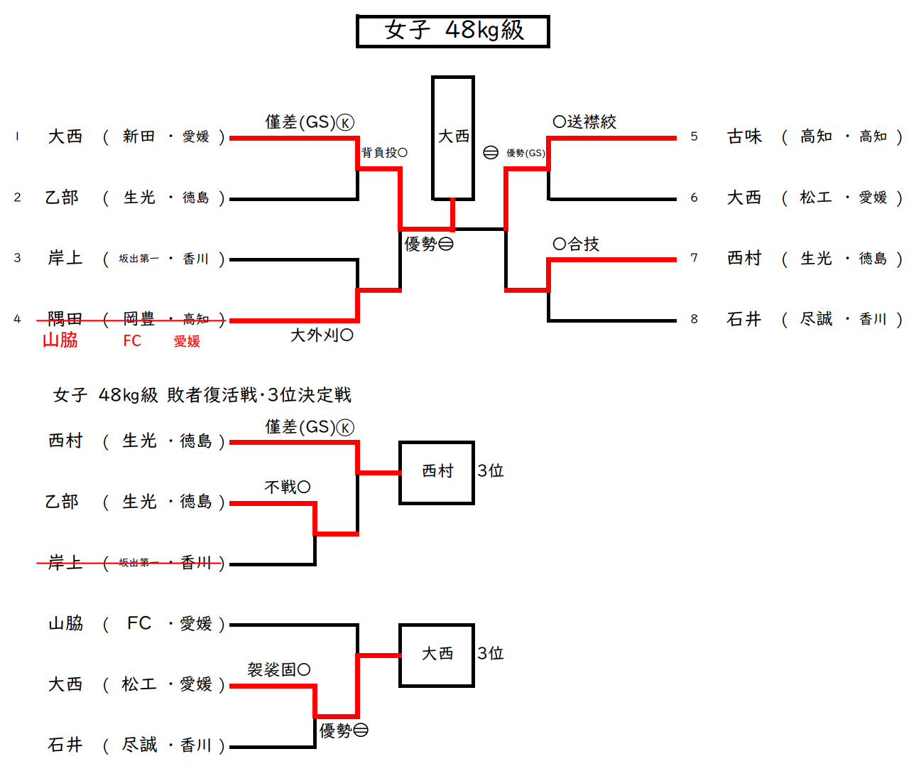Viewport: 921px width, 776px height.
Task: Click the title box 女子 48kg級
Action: (x=452, y=31)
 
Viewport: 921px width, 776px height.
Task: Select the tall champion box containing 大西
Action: (x=452, y=138)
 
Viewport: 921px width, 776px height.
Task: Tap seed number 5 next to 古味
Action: (x=694, y=136)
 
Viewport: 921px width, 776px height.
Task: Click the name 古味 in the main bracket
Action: (x=743, y=136)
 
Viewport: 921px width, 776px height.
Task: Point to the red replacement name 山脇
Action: (x=60, y=340)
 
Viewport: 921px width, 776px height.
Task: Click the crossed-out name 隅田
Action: (x=65, y=319)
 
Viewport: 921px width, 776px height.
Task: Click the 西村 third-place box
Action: (x=437, y=472)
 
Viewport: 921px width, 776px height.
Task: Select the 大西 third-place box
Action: (x=437, y=654)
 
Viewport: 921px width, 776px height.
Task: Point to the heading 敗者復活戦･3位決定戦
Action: (x=259, y=395)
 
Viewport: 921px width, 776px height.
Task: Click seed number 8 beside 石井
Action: (x=694, y=319)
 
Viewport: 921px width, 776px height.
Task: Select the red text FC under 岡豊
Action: (x=132, y=341)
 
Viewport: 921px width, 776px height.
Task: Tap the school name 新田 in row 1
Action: (x=138, y=136)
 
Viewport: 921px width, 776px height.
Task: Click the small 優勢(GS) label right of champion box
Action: (x=525, y=153)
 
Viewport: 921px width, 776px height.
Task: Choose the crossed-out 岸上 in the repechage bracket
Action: (x=65, y=564)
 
